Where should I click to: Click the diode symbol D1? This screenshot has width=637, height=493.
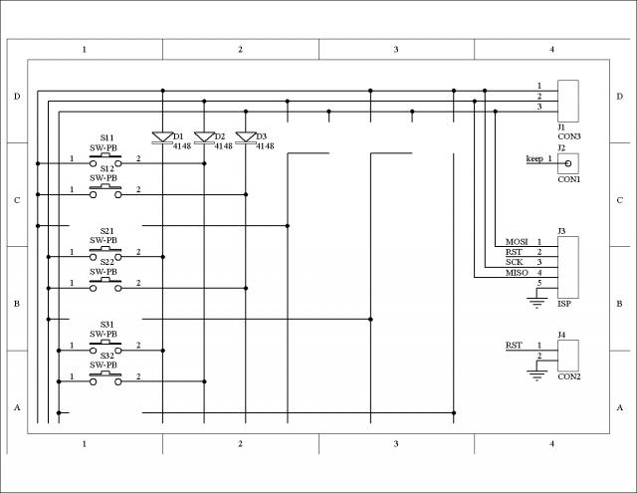162,137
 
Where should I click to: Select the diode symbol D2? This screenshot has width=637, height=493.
204,137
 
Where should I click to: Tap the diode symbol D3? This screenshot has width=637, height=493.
246,137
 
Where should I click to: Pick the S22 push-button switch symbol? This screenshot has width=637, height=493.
106,283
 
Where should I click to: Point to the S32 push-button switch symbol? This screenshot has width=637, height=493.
106,376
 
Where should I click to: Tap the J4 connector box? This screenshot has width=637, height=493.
567,355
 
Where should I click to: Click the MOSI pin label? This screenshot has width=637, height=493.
517,242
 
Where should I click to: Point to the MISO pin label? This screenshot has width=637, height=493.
517,273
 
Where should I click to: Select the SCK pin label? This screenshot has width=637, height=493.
514,263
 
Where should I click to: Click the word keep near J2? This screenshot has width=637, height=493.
534,159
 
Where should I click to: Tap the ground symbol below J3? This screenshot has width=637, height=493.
538,302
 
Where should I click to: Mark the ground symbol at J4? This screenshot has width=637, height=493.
538,375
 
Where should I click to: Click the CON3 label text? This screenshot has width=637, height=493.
568,135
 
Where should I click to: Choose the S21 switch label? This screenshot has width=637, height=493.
106,231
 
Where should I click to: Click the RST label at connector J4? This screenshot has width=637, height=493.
514,346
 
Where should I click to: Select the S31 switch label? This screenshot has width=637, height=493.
106,325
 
